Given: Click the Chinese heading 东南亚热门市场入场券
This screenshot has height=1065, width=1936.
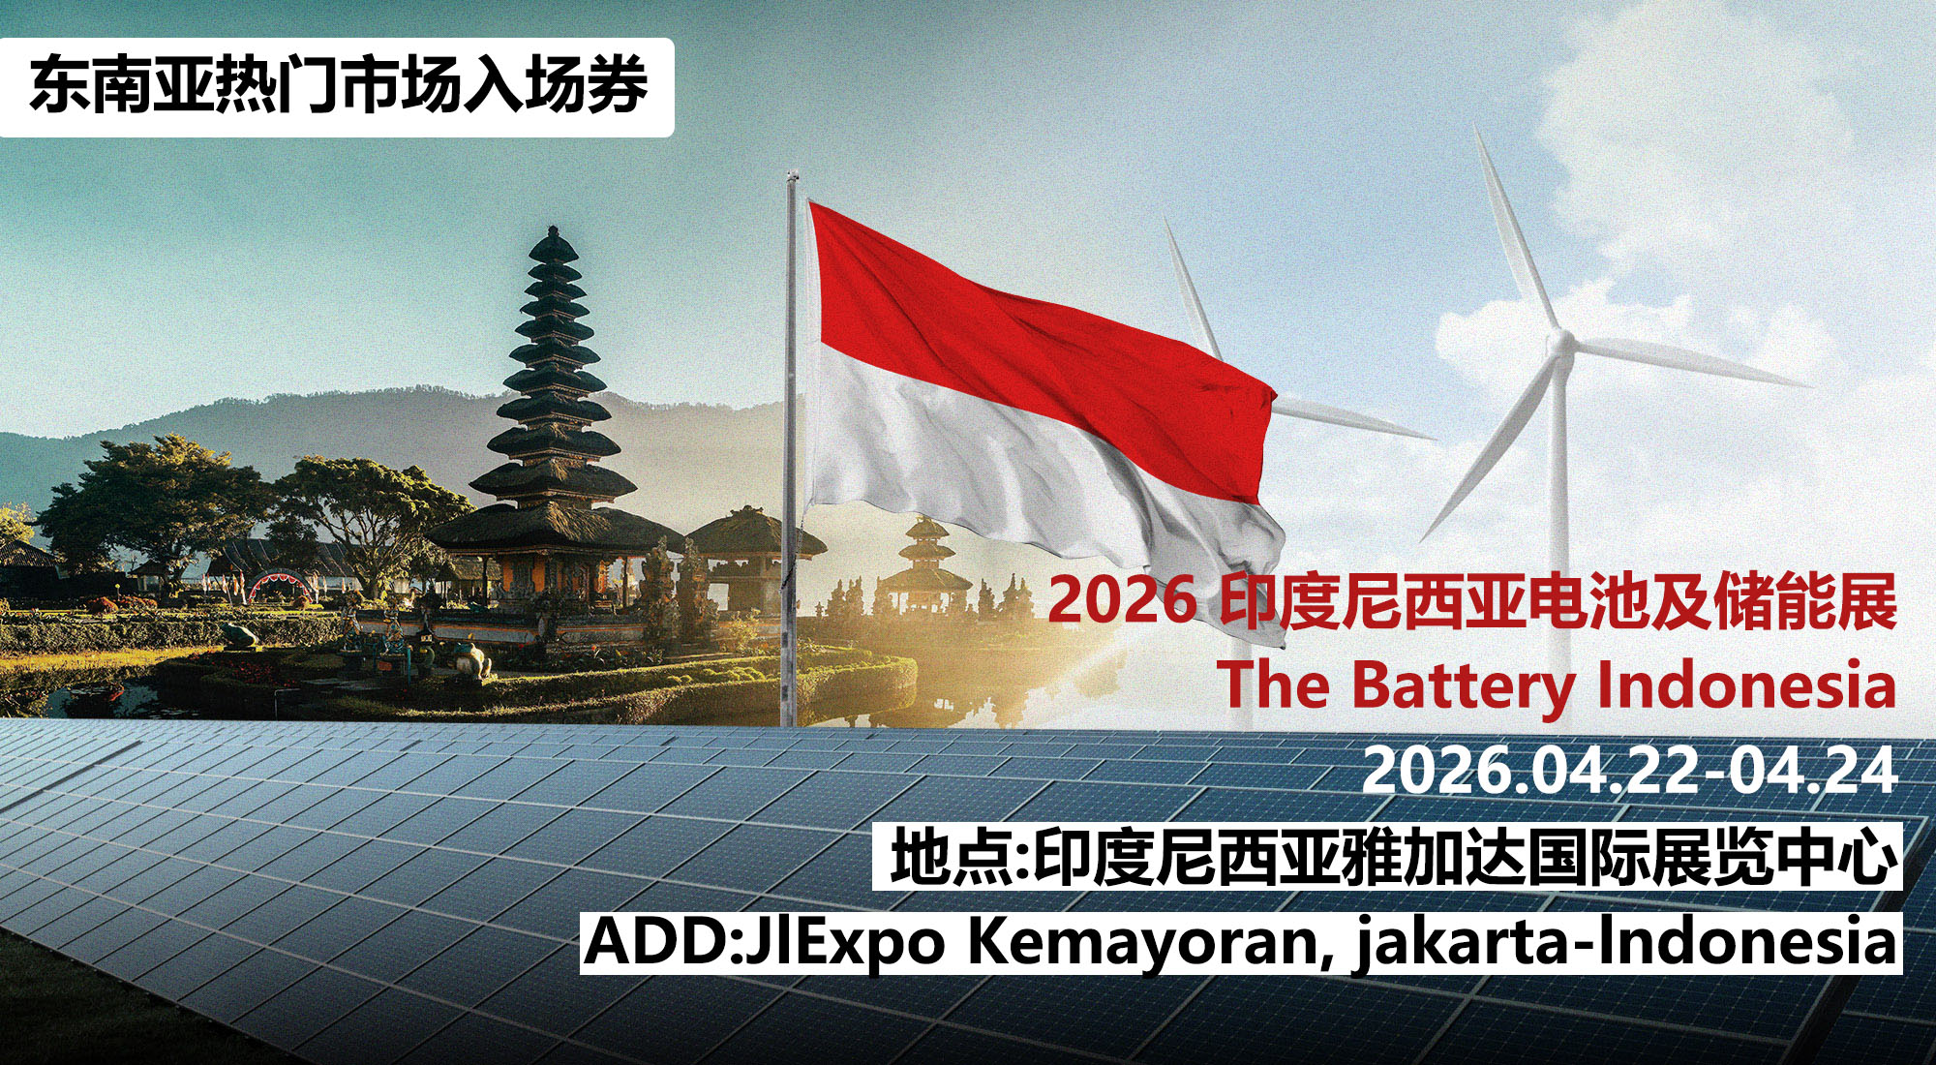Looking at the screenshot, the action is pos(338,86).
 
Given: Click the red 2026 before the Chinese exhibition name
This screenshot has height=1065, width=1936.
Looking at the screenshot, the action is pos(1122,600).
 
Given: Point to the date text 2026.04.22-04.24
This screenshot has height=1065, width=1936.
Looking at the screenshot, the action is pos(1629,771).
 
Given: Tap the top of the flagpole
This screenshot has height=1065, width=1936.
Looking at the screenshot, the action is pos(791,175).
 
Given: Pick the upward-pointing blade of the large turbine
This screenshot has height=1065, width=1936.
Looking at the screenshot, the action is pos(1516,232).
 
